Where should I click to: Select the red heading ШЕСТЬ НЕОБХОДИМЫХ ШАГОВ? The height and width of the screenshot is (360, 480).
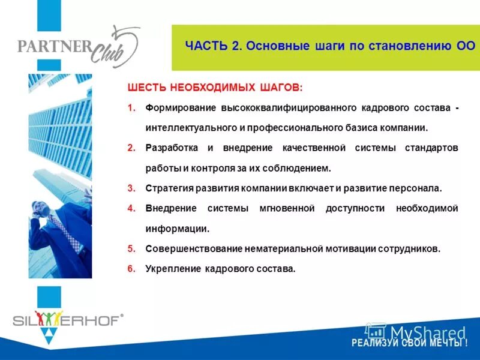coord(215,88)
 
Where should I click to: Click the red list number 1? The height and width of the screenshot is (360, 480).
coord(131,108)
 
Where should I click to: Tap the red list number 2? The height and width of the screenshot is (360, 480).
coord(131,148)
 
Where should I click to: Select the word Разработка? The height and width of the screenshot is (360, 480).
coord(171,148)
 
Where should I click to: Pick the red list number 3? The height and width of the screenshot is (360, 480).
coord(131,188)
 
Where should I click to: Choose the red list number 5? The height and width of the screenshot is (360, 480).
coord(131,248)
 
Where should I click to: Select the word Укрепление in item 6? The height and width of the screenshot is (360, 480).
coord(170,269)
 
